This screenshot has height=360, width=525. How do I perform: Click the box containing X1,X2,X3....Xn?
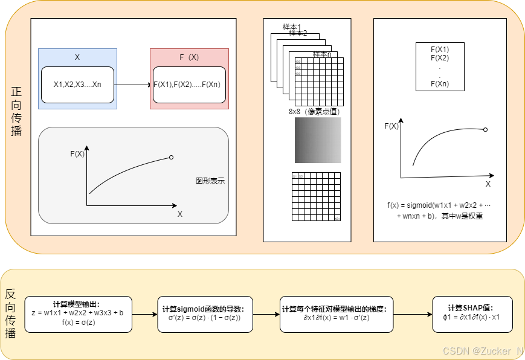(x=77, y=85)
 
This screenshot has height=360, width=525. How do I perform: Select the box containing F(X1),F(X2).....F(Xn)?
(x=189, y=85)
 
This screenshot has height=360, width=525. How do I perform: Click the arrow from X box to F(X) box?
(x=133, y=85)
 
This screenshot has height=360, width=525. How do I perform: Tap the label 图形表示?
(x=210, y=181)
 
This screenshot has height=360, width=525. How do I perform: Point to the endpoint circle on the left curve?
(x=172, y=158)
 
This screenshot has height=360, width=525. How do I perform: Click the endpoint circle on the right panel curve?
(x=485, y=129)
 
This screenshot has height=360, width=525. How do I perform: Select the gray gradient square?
(x=318, y=140)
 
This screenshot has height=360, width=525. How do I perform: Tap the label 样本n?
(x=321, y=54)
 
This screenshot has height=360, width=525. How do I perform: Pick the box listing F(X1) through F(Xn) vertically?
(x=440, y=66)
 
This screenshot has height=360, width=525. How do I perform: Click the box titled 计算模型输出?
(x=78, y=314)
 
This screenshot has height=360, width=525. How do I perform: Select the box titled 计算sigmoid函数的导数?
(x=205, y=314)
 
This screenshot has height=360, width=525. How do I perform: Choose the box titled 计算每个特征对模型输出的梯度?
(x=337, y=314)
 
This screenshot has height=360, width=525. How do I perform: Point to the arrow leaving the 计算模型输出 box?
(x=144, y=314)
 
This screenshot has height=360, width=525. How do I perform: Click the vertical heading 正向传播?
(x=16, y=111)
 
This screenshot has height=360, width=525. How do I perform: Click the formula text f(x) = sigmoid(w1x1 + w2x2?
(x=439, y=205)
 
